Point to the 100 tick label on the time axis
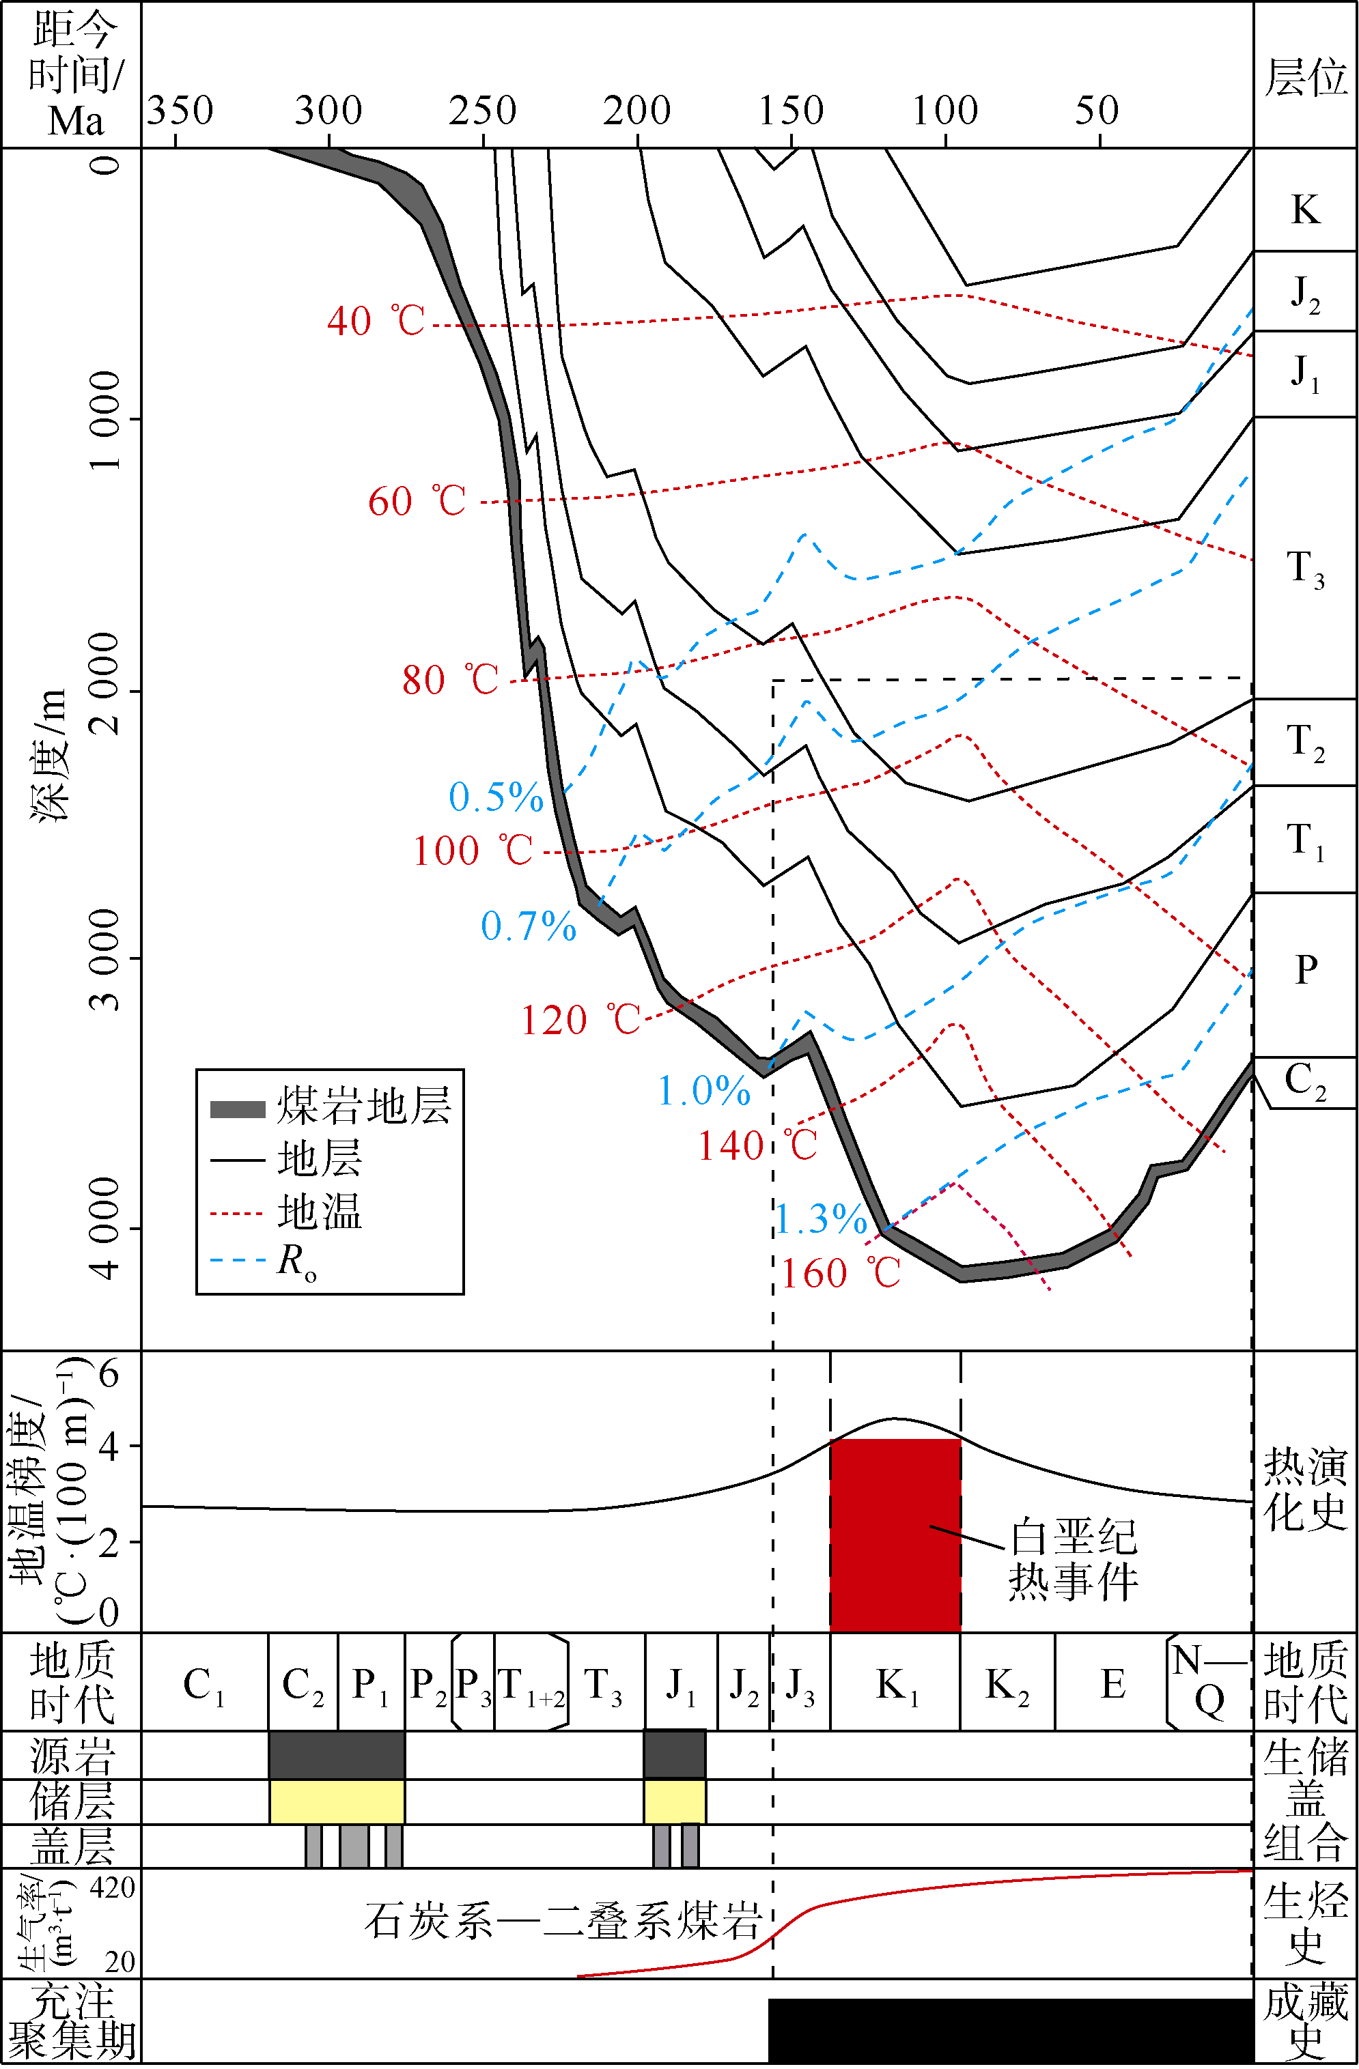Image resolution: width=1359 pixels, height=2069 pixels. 944,111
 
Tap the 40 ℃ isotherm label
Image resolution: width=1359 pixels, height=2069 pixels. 376,321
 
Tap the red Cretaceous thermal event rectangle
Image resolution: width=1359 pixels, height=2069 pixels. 895,1534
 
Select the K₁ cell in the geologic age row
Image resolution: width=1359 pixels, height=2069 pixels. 895,1685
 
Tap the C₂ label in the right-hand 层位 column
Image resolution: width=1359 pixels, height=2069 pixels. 1305,1081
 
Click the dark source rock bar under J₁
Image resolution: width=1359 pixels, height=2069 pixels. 675,1754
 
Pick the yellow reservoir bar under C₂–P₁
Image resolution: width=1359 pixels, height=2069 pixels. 337,1801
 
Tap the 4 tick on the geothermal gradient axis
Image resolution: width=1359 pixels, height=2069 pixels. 109,1446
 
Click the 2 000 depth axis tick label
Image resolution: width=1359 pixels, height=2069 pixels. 105,683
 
